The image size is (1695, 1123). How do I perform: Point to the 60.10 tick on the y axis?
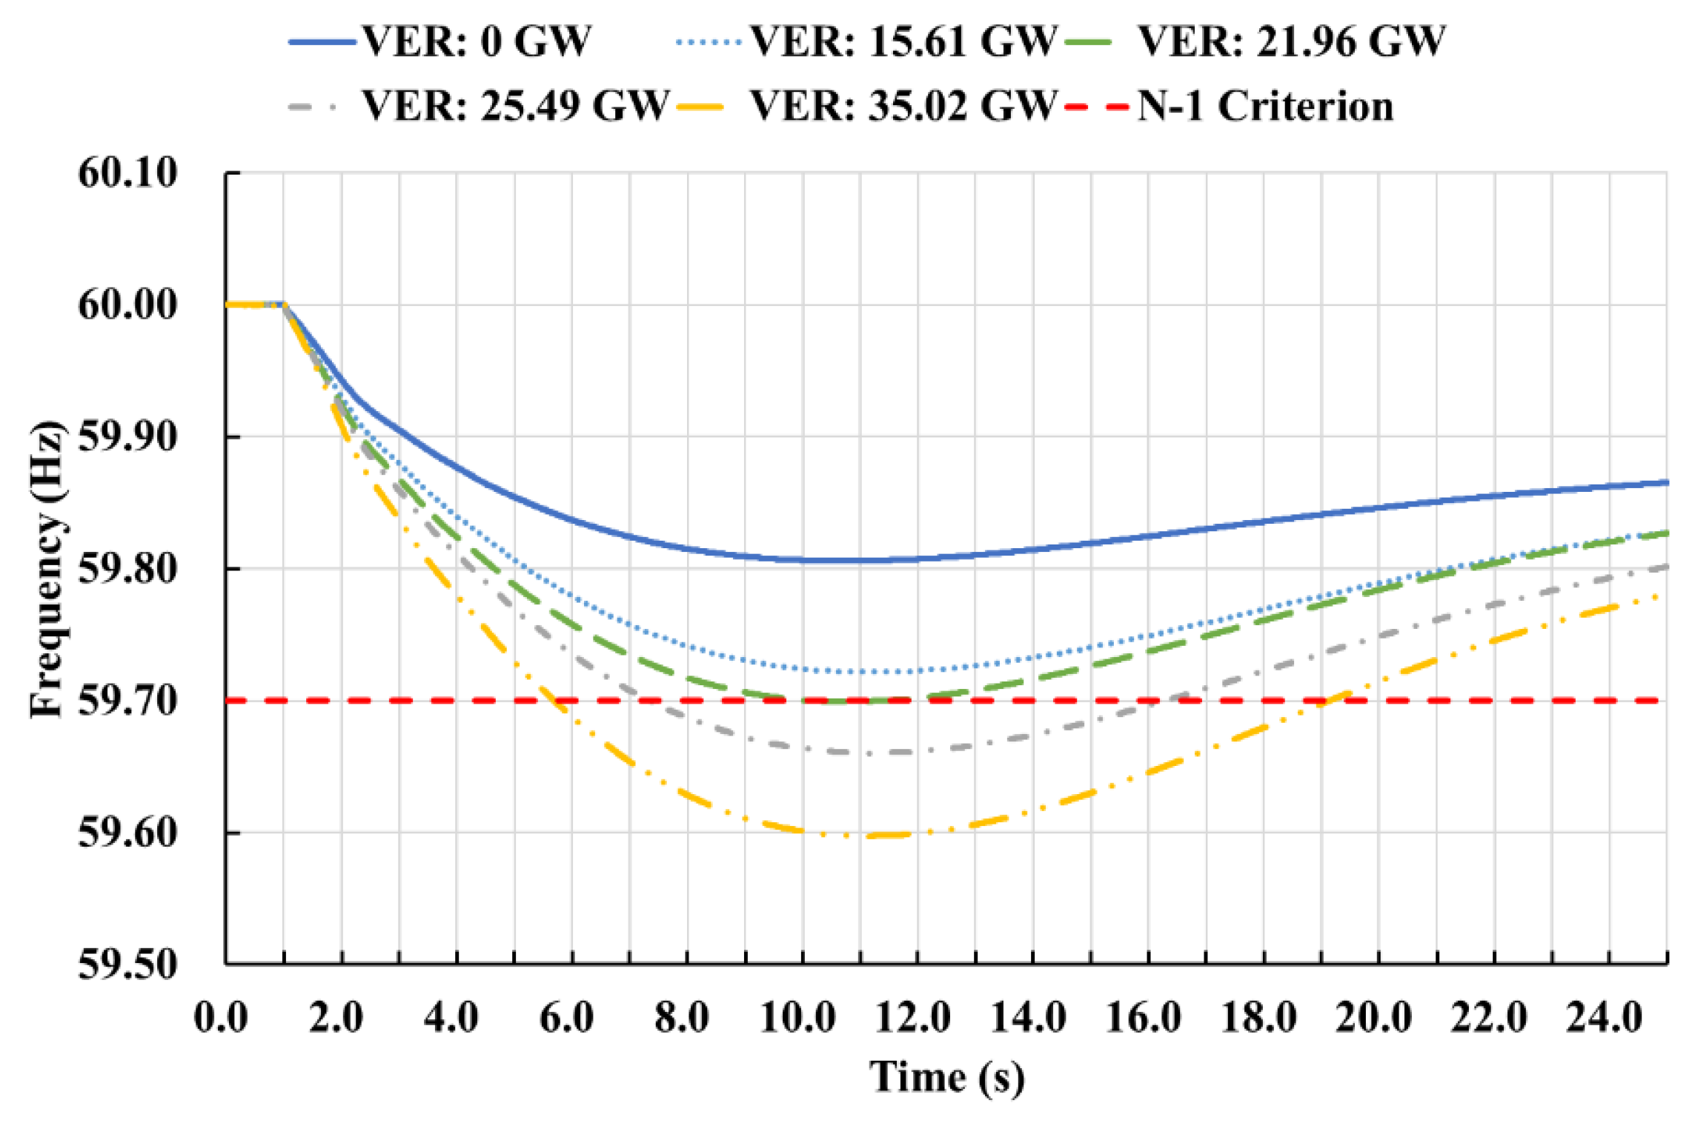[x=128, y=173]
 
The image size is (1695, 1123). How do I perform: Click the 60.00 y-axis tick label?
[x=128, y=304]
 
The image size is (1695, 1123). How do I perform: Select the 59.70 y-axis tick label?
[x=128, y=701]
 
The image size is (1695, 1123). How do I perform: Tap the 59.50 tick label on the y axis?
[x=128, y=964]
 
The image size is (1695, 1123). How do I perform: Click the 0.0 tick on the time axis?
[x=221, y=1017]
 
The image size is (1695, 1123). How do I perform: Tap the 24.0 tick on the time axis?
[x=1605, y=1017]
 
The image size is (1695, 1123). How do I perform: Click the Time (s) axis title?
[x=946, y=1076]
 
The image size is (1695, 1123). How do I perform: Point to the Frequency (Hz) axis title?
[x=47, y=569]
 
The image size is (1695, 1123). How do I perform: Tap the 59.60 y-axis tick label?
[x=128, y=833]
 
